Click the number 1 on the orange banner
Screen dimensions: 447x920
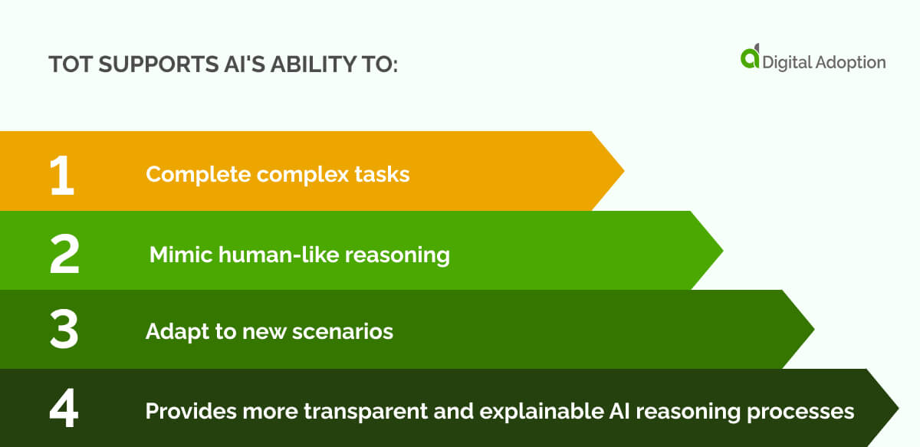[x=61, y=175]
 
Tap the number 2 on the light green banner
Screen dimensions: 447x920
[x=64, y=255]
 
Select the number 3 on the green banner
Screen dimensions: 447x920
[x=64, y=332]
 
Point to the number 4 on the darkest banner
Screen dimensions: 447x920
[x=64, y=411]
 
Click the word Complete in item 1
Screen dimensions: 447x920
[x=199, y=175]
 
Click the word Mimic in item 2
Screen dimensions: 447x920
[x=178, y=255]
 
